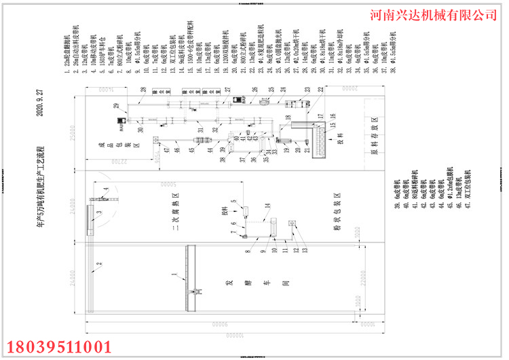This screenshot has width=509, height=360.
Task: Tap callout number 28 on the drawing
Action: tap(143, 90)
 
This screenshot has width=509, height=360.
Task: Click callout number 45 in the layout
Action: tap(191, 150)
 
